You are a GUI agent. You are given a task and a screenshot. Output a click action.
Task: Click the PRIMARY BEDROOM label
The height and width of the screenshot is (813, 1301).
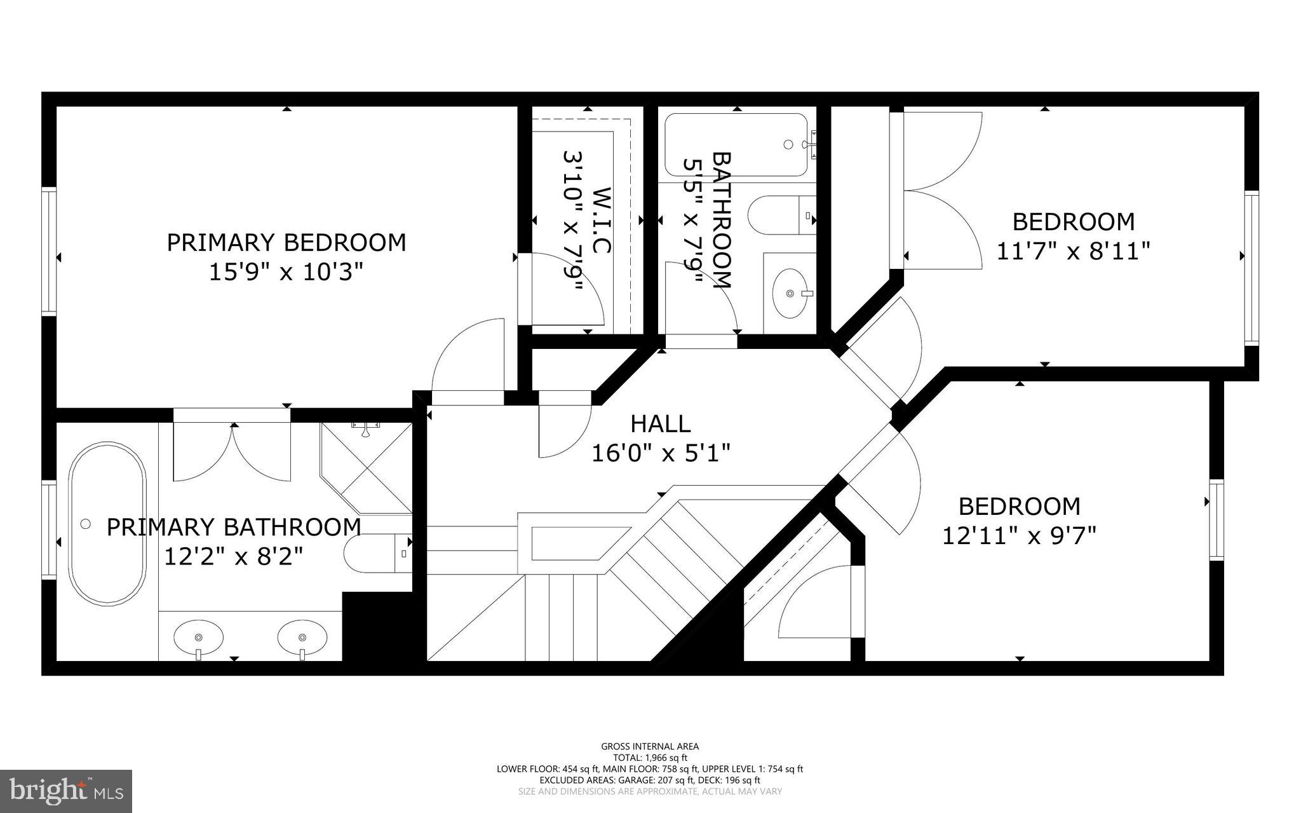click(286, 243)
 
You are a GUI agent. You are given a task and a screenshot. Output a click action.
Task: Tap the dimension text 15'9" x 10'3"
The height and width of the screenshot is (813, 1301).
click(286, 273)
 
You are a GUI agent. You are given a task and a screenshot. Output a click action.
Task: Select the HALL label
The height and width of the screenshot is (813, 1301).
click(660, 423)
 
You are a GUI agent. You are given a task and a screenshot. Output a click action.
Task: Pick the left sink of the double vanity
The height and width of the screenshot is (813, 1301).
click(198, 636)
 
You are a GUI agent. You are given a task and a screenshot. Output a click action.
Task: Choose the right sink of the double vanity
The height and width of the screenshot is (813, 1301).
click(302, 636)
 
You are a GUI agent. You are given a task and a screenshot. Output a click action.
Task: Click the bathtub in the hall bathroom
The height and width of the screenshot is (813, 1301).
click(736, 145)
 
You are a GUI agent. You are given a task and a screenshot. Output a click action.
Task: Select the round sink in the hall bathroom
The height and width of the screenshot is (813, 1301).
click(790, 293)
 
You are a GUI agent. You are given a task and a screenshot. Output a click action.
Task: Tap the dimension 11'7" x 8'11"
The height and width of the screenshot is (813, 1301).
click(1073, 251)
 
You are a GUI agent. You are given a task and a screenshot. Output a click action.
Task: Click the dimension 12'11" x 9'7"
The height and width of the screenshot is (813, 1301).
click(1019, 536)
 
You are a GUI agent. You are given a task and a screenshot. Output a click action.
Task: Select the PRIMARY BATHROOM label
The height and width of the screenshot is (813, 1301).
click(233, 527)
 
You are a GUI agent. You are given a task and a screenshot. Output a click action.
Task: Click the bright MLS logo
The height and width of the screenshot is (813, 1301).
click(66, 790)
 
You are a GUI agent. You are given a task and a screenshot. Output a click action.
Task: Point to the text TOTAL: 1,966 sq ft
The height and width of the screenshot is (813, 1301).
click(650, 758)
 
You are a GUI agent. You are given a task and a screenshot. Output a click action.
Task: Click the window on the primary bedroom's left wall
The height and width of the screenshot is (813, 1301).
click(49, 251)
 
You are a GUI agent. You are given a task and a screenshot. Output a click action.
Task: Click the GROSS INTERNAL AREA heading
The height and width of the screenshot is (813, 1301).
click(650, 746)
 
